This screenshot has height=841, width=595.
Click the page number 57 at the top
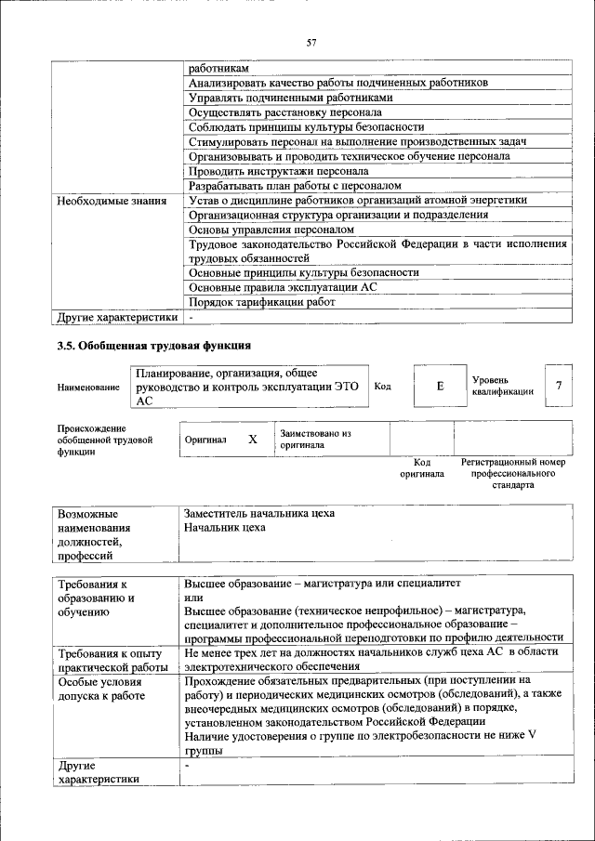click(x=311, y=42)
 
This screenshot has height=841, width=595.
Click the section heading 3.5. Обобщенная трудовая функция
click(x=153, y=346)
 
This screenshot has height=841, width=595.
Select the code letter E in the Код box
click(x=440, y=385)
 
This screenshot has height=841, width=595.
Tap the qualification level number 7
click(x=558, y=385)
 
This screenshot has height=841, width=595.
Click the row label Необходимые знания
click(x=112, y=200)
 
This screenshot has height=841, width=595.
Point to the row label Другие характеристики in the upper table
click(x=116, y=317)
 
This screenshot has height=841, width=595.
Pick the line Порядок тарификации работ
click(x=262, y=302)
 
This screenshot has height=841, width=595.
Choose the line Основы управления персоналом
click(x=271, y=229)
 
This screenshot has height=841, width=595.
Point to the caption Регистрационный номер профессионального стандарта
click(x=512, y=472)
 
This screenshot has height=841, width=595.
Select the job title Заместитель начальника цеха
click(x=259, y=513)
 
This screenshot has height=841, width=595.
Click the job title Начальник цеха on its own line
click(x=225, y=528)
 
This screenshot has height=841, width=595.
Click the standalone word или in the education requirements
click(x=194, y=597)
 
